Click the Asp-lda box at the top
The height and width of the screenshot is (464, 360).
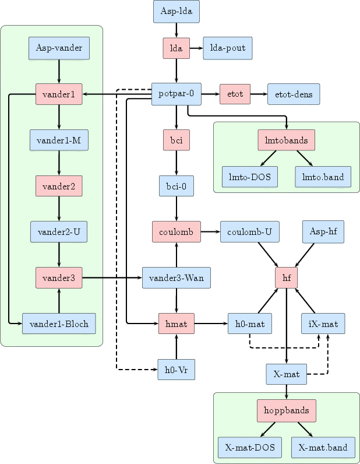point(177,12)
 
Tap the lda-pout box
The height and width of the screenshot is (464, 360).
point(227,49)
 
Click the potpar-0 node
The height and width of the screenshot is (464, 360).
point(177,93)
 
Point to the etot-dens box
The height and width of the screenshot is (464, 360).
point(294,93)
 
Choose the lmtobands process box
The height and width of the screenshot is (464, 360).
point(287,140)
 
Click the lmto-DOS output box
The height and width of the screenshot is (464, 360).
point(250,177)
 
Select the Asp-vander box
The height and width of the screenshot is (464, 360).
point(59,48)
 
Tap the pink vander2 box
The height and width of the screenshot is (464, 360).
point(59,186)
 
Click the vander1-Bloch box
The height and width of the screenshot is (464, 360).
point(59,324)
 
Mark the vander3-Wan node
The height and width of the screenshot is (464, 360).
point(177,278)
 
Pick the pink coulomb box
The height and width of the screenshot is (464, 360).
point(177,231)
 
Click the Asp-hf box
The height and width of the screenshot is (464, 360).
point(323,231)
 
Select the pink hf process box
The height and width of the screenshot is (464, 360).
point(287,278)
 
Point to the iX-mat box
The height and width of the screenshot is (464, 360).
point(323,324)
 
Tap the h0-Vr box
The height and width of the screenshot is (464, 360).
point(177,369)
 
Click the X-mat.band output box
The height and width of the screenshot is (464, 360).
point(323,448)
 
